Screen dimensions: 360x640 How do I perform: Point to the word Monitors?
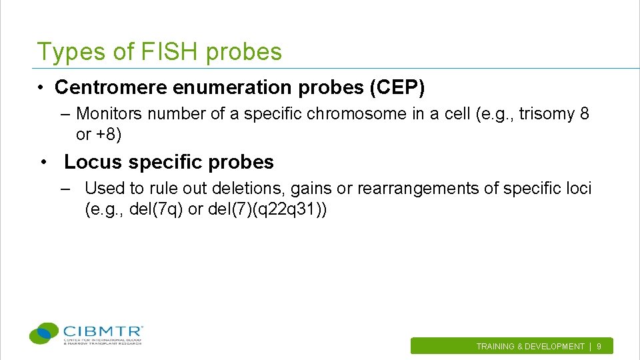pos(109,114)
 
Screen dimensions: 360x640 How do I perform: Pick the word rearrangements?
pos(418,189)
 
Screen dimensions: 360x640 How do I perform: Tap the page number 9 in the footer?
pos(599,347)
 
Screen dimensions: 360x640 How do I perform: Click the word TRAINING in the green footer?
pos(495,347)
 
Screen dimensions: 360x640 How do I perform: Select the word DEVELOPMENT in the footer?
pos(555,347)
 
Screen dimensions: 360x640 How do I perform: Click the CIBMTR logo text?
pos(103,331)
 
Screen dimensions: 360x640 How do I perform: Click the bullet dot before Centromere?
pos(41,88)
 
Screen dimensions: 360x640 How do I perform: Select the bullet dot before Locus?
pos(43,163)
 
